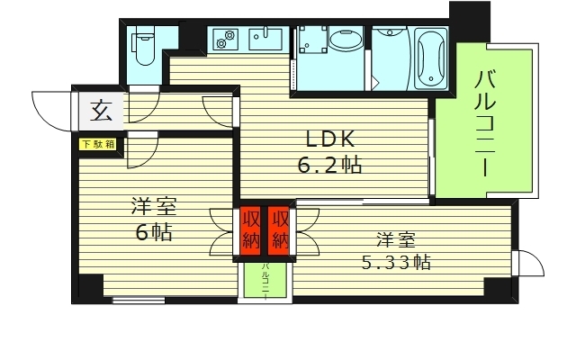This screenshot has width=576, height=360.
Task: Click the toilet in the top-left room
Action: pos(145,45)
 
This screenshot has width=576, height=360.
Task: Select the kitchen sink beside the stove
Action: pos(266,40)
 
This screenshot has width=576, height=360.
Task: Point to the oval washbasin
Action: pos(345,40)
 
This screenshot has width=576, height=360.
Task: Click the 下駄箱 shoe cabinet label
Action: pos(99,143)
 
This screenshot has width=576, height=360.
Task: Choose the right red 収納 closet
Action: pos(281,229)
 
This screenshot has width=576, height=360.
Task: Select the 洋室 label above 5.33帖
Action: pos(397,239)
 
